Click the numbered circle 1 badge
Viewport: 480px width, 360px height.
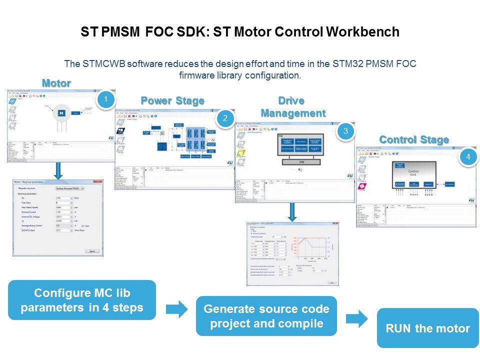[x=105, y=99]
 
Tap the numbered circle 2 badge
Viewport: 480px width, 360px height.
[x=225, y=118]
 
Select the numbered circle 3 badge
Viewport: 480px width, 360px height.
[x=344, y=132]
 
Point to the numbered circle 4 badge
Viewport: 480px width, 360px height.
[x=467, y=156]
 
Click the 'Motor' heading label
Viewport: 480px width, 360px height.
[x=56, y=83]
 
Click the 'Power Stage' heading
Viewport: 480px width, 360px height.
[x=172, y=100]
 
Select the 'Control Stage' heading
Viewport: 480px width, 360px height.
[x=414, y=139]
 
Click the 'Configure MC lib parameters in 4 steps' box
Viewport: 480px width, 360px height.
[x=82, y=300]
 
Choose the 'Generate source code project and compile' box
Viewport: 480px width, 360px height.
[x=266, y=316]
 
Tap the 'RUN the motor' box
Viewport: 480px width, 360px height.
[x=427, y=328]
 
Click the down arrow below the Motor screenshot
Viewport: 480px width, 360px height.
[x=58, y=169]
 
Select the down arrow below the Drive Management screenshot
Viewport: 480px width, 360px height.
[x=292, y=211]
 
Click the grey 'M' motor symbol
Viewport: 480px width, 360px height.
[x=62, y=113]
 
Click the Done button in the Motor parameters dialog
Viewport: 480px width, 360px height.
[x=92, y=251]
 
